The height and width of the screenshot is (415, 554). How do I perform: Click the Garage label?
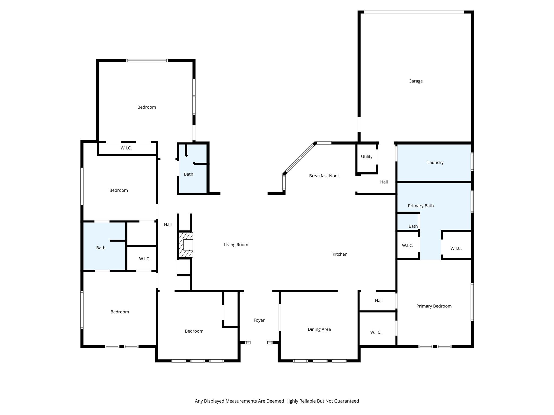tap(415, 81)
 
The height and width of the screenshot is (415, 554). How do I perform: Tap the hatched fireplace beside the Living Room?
tap(186, 245)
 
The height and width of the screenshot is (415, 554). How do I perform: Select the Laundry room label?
tap(435, 162)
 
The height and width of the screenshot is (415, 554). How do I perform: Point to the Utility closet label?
tap(367, 157)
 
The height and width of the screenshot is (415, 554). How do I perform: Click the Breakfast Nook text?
tap(324, 176)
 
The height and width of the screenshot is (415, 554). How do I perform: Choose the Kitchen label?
tap(340, 254)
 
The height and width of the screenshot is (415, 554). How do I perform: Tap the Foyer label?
tap(259, 320)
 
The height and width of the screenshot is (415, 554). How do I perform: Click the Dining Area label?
tap(319, 329)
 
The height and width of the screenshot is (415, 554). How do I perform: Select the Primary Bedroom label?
tap(434, 306)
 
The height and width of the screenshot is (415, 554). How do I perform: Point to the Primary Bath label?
tap(421, 206)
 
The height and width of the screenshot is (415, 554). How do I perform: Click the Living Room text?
tap(236, 245)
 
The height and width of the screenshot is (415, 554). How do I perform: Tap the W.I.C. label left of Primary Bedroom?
tap(375, 332)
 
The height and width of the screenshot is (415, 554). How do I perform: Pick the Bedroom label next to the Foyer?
tap(194, 331)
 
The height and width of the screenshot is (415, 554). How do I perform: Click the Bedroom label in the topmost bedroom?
tap(147, 107)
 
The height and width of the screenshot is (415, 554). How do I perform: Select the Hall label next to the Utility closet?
tap(384, 182)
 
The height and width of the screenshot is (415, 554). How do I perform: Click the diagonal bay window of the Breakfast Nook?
tap(300, 158)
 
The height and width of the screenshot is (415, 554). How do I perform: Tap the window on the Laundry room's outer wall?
tap(472, 162)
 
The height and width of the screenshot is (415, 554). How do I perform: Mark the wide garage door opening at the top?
tap(414, 12)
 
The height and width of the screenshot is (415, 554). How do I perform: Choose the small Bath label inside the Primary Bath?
tap(413, 226)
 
